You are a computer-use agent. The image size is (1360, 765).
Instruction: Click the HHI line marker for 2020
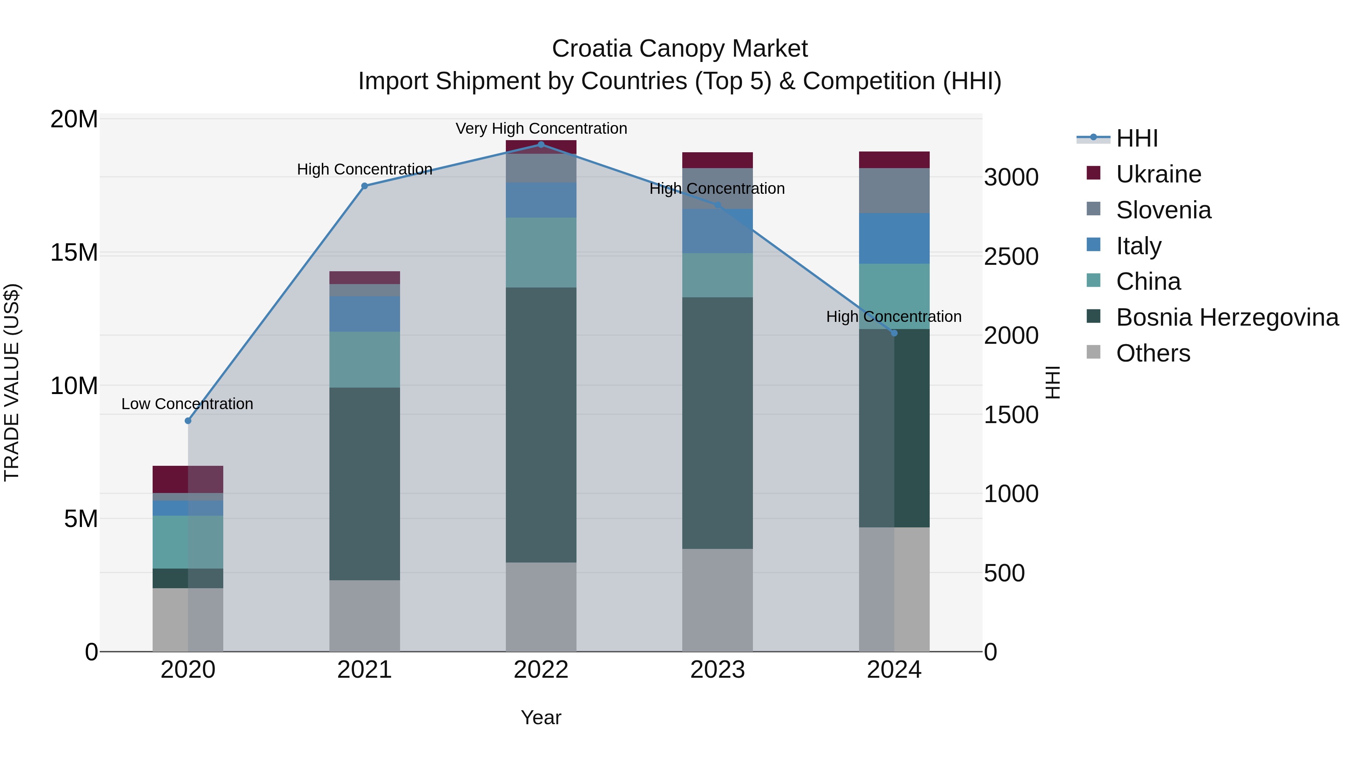click(x=188, y=421)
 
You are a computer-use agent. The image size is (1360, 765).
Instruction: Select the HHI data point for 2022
click(x=541, y=145)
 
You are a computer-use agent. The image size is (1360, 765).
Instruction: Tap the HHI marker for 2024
click(x=894, y=333)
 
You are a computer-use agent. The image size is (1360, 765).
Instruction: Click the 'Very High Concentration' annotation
click(x=541, y=129)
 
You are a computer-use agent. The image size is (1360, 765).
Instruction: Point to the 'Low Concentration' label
click(x=187, y=404)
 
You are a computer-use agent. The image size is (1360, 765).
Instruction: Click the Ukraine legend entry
click(x=1158, y=174)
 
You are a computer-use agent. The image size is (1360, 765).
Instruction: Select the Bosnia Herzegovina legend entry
click(x=1227, y=317)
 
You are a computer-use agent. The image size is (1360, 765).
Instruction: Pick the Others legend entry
click(x=1153, y=353)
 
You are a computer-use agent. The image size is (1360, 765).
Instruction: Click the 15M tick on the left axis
click(x=74, y=253)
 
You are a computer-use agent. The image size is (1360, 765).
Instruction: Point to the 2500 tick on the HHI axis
click(x=1011, y=257)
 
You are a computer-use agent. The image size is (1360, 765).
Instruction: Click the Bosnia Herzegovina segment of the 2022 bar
click(x=541, y=425)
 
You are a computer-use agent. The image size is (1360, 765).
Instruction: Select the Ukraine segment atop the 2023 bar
click(x=717, y=160)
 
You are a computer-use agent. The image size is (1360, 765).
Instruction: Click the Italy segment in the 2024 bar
click(x=894, y=238)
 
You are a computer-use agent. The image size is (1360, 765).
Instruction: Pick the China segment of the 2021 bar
click(x=364, y=360)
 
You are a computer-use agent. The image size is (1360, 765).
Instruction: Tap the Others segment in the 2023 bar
click(x=717, y=600)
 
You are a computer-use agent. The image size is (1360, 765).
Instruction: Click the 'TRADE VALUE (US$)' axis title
click(x=12, y=383)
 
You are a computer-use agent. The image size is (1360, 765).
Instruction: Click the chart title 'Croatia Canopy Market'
click(x=680, y=49)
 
